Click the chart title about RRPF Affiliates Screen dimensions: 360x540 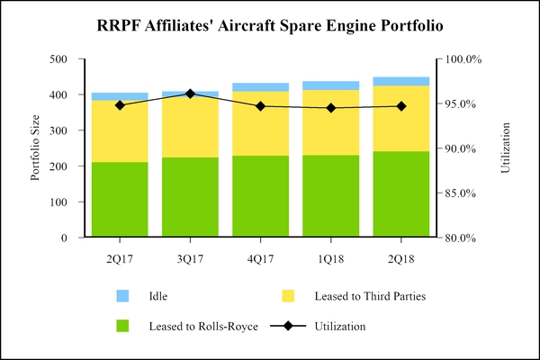[270, 26]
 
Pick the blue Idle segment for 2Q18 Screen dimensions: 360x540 [401, 81]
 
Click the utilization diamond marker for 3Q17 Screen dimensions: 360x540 [190, 94]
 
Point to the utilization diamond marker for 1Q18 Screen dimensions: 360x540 [331, 108]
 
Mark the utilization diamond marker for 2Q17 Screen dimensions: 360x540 [120, 105]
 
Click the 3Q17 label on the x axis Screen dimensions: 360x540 [190, 258]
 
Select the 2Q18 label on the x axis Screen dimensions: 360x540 [401, 258]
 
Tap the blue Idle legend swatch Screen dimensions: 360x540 [122, 295]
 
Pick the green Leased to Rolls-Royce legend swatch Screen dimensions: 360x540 [122, 326]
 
